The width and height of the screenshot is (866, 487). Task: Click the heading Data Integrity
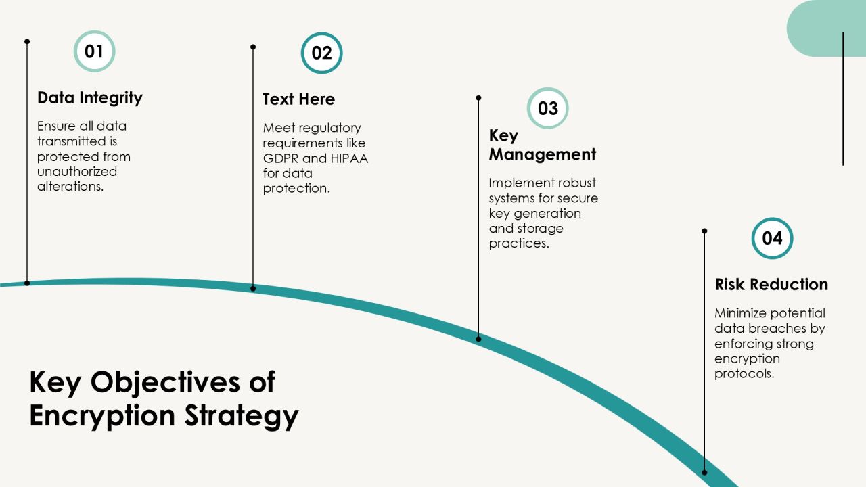90,98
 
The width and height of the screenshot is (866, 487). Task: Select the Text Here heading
298,99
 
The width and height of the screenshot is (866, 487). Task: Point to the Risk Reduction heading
771,285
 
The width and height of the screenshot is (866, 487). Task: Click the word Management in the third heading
542,155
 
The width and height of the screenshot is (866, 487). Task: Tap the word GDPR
281,158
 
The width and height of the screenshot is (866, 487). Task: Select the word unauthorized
77,172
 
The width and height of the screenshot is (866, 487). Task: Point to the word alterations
70,187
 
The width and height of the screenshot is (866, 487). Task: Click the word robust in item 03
573,183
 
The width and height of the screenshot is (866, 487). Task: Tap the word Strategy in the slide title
242,416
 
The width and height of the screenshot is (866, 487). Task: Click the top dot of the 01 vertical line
27,41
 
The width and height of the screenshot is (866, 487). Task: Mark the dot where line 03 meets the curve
478,339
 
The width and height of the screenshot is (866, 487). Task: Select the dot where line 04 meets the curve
704,472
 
